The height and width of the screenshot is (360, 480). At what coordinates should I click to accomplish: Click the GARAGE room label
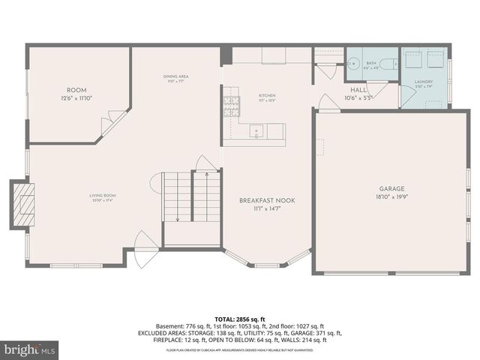tap(391, 188)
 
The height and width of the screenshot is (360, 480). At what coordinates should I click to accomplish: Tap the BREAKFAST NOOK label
tap(265, 201)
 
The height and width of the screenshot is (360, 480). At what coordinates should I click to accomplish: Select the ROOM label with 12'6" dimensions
tap(76, 89)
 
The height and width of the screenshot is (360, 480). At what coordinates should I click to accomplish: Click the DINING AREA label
tap(175, 76)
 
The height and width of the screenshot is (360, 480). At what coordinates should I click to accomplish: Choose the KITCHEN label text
tap(268, 96)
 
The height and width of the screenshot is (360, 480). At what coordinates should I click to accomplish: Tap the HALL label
tap(358, 89)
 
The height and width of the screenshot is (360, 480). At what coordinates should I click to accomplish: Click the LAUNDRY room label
tap(424, 82)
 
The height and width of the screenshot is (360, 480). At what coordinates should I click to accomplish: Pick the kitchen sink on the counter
tap(256, 130)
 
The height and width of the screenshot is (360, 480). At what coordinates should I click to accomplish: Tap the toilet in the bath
tap(387, 64)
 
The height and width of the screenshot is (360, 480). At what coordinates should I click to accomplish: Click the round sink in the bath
tap(353, 62)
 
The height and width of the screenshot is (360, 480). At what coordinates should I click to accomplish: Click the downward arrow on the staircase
tap(177, 217)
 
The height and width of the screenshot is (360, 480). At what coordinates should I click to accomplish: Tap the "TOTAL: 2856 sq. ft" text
tap(241, 319)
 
